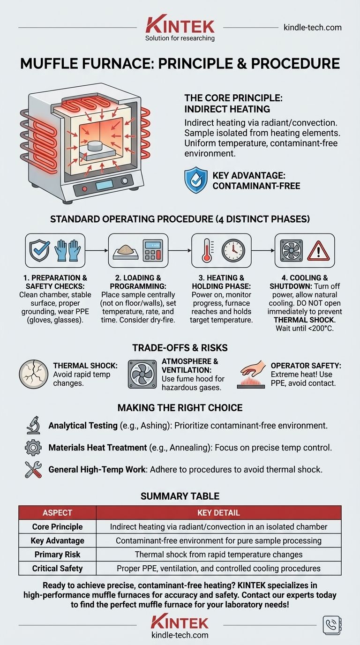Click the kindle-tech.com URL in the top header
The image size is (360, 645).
(313, 28)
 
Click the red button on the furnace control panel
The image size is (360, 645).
(84, 189)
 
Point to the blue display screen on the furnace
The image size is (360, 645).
(104, 185)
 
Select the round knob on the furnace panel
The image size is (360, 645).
(124, 181)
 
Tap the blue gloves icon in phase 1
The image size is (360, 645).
(67, 250)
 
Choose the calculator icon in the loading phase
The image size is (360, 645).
(153, 250)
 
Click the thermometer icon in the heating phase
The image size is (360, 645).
(207, 250)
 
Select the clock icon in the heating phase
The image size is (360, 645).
(233, 250)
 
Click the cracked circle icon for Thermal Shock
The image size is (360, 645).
(33, 374)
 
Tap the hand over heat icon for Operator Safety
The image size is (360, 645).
(251, 374)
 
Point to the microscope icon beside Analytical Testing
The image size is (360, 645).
(33, 425)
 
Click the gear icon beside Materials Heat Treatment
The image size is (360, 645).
(33, 448)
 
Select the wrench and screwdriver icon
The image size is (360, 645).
(33, 469)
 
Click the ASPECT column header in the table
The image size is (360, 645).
(57, 512)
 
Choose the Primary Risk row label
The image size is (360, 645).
(57, 554)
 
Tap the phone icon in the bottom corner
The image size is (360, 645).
(332, 625)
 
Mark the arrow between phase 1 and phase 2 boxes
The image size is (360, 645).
(97, 250)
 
